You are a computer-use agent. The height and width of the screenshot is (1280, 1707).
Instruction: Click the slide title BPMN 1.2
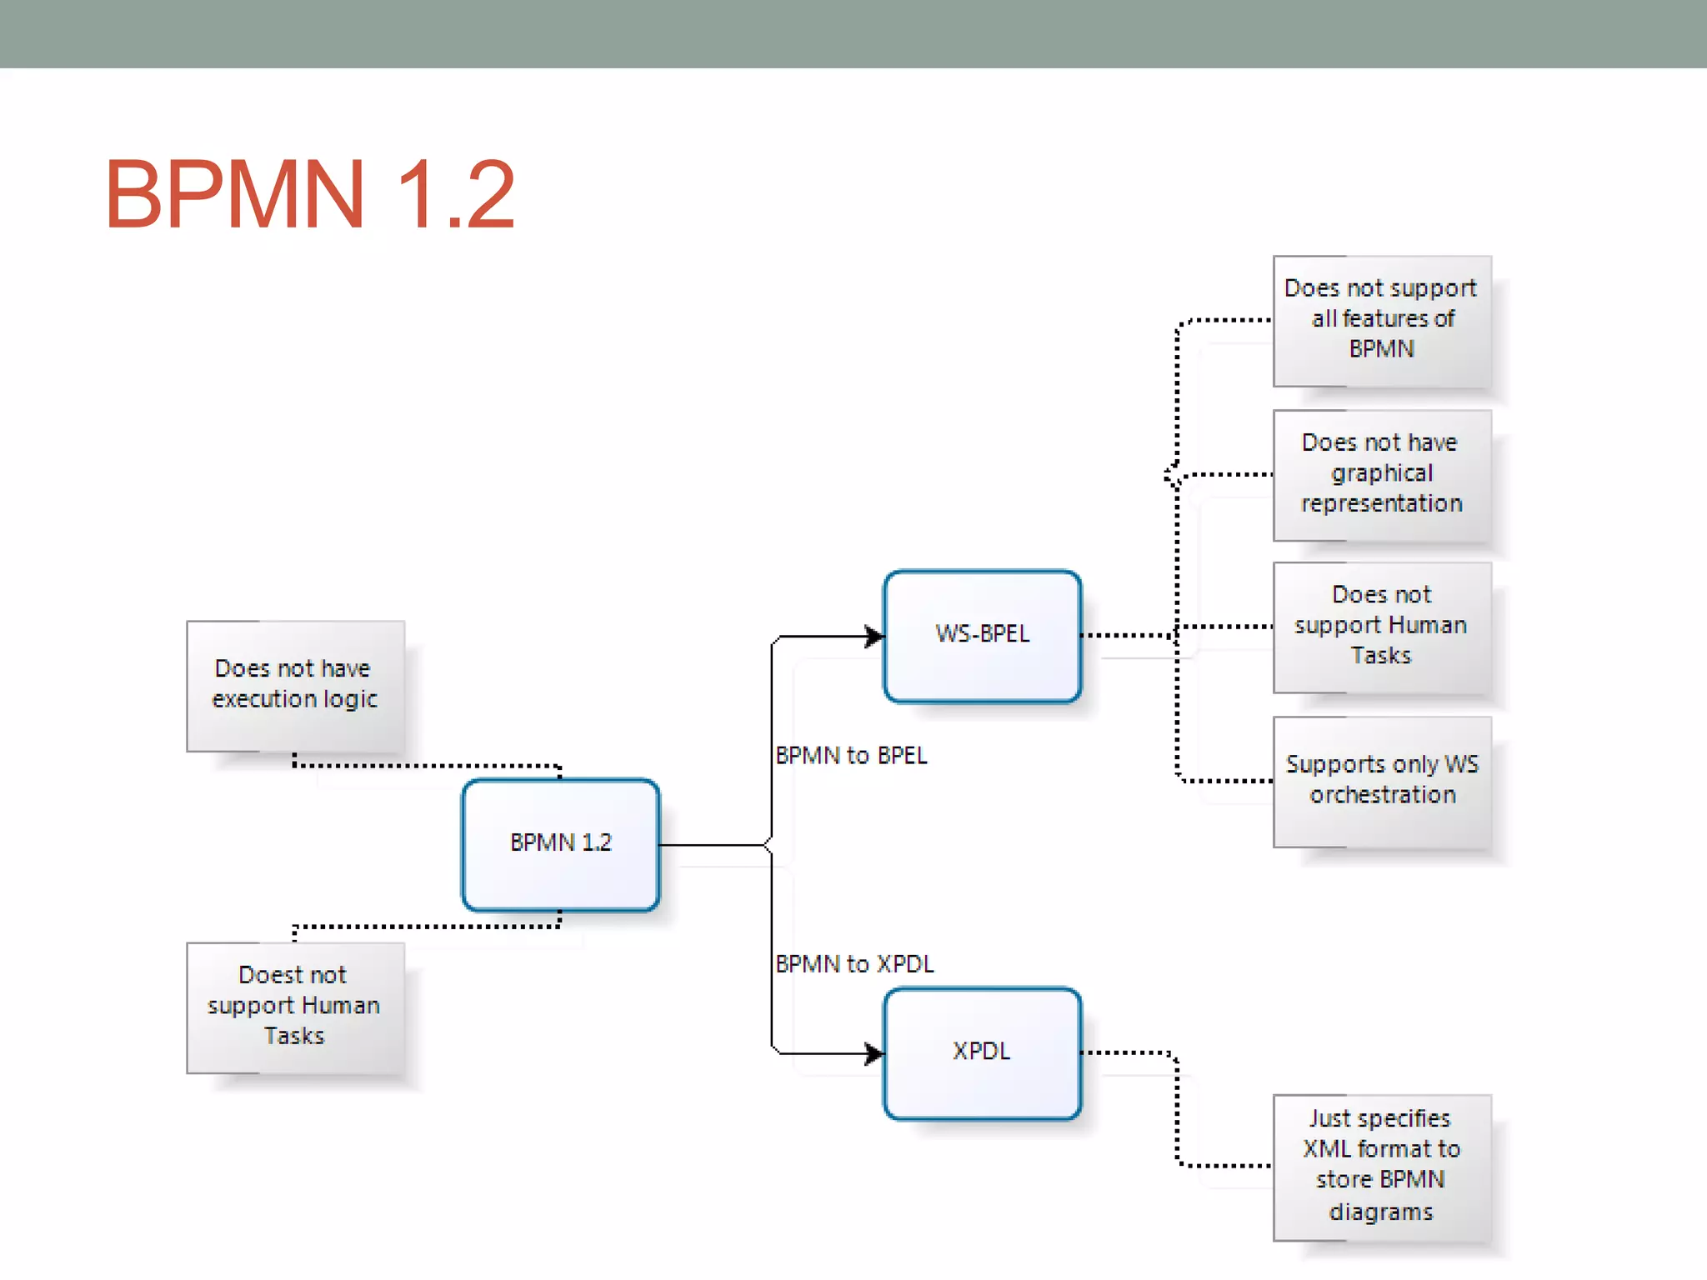tap(309, 194)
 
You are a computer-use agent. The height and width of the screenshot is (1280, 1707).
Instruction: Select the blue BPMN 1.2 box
tap(560, 844)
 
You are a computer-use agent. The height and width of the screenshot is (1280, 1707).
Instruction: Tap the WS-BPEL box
tap(982, 636)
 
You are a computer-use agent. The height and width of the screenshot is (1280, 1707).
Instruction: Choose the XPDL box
tap(982, 1052)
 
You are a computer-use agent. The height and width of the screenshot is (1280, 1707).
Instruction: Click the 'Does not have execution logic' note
tap(295, 685)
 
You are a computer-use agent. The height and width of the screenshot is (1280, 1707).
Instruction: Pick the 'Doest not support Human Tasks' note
tap(295, 1007)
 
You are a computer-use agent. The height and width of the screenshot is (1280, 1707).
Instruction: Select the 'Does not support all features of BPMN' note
tap(1381, 320)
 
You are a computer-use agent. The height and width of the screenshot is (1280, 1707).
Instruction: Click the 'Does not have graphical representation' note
tap(1381, 474)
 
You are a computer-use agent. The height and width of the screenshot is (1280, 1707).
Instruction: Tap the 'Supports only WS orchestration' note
tap(1381, 781)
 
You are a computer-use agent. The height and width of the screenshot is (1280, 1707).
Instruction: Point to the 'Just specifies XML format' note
tap(1381, 1166)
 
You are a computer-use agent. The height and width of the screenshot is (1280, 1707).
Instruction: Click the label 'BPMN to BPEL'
tap(851, 755)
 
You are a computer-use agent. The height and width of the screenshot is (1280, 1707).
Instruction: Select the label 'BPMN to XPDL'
tap(854, 964)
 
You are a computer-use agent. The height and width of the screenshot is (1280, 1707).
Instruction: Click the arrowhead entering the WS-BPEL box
tap(874, 637)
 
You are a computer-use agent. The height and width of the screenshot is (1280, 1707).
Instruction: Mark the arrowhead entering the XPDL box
tap(874, 1053)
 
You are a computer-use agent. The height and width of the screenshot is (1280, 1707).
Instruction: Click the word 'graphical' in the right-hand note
tap(1381, 473)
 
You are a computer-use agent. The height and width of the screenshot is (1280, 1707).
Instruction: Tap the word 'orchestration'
tap(1382, 795)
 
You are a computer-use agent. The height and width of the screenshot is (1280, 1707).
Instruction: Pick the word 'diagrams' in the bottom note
tap(1380, 1212)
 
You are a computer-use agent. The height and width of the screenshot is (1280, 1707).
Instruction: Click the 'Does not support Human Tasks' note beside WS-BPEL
tap(1381, 627)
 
